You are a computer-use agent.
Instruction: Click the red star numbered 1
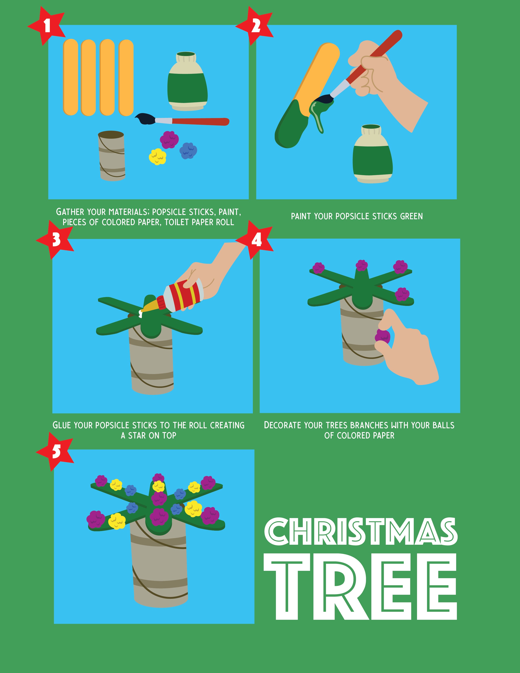tap(47, 26)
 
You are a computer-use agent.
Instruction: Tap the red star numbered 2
tap(255, 26)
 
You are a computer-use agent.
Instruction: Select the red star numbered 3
tap(55, 240)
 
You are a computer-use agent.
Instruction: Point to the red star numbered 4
tap(255, 240)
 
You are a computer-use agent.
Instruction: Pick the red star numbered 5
tap(55, 452)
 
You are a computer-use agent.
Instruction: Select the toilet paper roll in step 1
tap(112, 156)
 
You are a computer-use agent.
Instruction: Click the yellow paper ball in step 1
tap(157, 157)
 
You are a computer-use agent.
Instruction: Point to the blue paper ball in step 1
tap(188, 151)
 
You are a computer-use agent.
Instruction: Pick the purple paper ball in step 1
tap(169, 139)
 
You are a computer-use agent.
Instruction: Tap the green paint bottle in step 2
tap(373, 154)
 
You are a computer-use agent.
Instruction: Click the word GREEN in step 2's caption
tap(411, 216)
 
